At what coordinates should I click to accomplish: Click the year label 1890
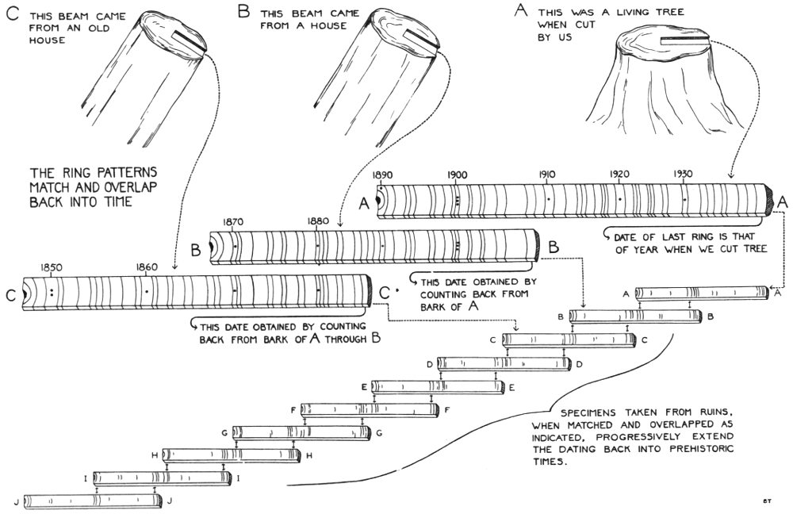click(x=383, y=174)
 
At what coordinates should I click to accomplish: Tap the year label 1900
click(x=457, y=174)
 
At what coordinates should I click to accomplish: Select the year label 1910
click(x=546, y=174)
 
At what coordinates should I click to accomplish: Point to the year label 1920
click(x=620, y=174)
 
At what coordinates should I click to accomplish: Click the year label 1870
click(x=233, y=223)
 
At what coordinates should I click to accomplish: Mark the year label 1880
click(x=316, y=223)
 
